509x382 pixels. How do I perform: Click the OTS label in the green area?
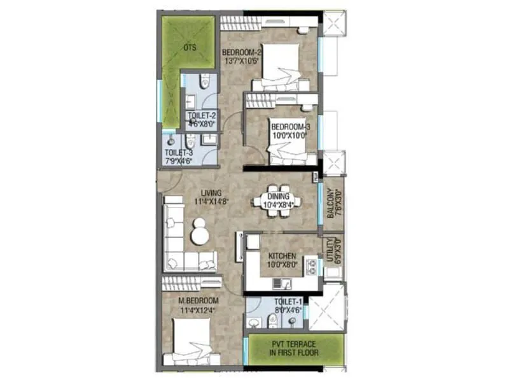tap(190, 47)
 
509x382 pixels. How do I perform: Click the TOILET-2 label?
tap(201, 116)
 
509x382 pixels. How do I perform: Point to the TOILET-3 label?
tap(179, 153)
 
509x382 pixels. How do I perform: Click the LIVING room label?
tap(211, 192)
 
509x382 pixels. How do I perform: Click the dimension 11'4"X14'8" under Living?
tap(211, 201)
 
